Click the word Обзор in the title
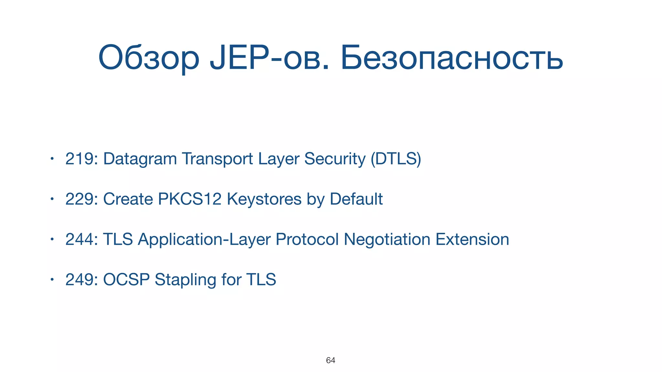pos(149,58)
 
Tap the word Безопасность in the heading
pos(452,58)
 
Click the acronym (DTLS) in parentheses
pos(396,159)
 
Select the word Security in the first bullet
pos(335,159)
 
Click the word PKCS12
pos(189,199)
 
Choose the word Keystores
pos(264,199)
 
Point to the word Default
pos(356,199)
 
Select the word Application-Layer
pos(204,240)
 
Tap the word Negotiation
pos(387,239)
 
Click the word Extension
pos(472,239)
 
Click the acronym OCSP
pos(126,280)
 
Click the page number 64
pos(330,360)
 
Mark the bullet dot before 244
pos(51,239)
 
